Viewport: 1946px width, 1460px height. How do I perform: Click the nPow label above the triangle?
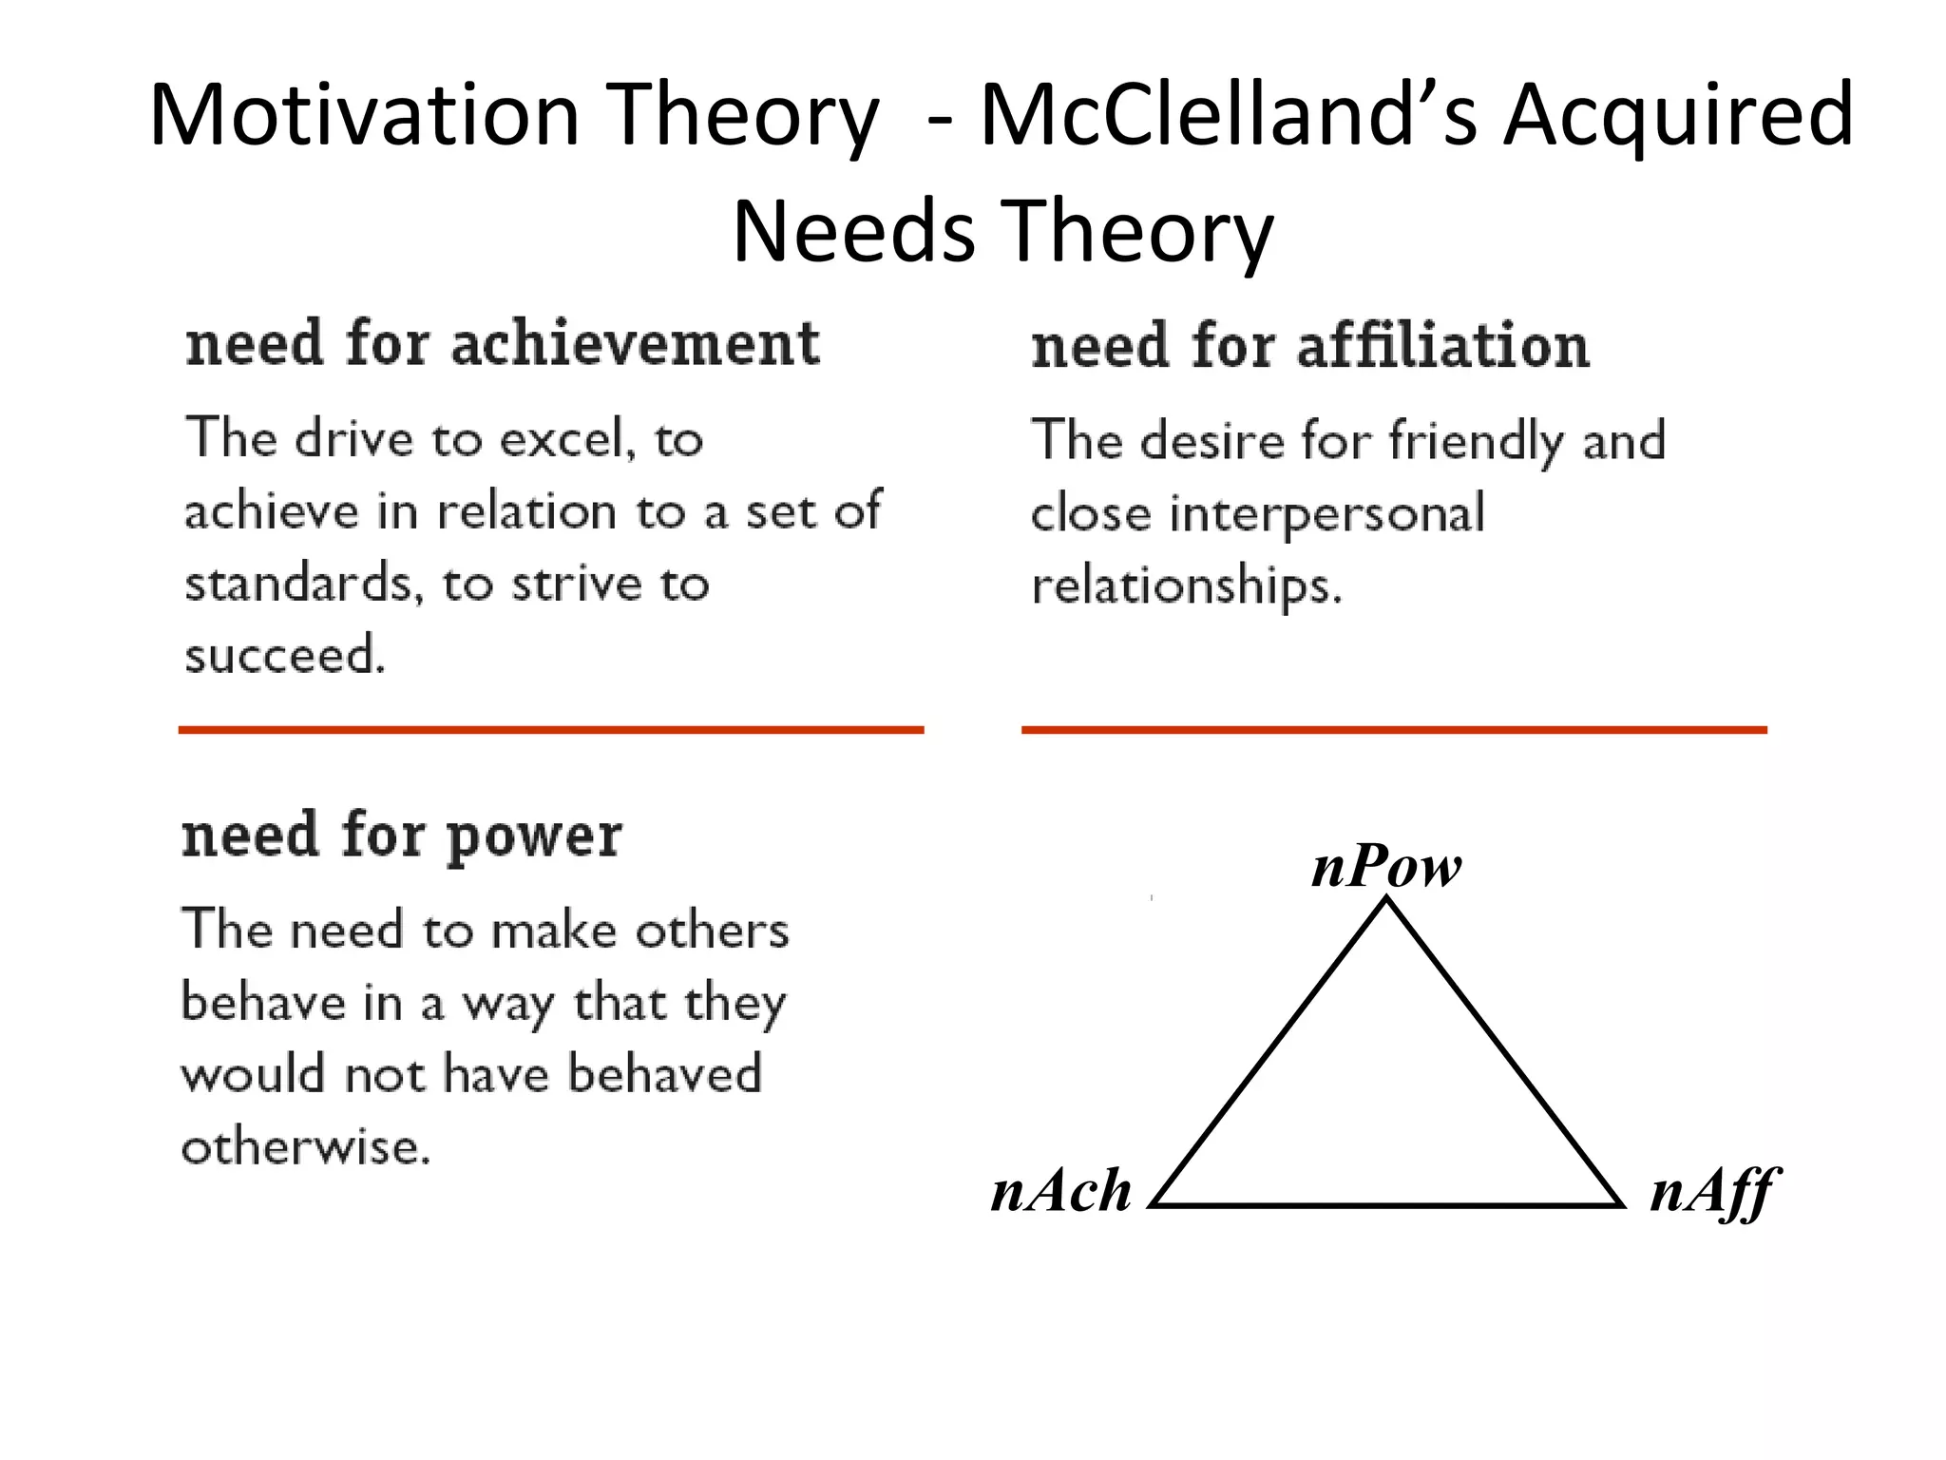(1386, 867)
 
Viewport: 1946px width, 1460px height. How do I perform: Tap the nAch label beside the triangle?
(1061, 1191)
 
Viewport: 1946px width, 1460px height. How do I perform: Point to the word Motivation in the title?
(364, 116)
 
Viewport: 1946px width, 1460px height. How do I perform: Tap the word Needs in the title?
(853, 233)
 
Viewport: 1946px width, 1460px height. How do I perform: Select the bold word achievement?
(635, 343)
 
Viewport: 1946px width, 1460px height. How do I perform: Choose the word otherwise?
(305, 1147)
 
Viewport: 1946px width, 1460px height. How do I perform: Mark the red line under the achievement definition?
(551, 730)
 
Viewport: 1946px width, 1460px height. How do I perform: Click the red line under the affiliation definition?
(1394, 730)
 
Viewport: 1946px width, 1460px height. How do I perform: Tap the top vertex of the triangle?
(1387, 900)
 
